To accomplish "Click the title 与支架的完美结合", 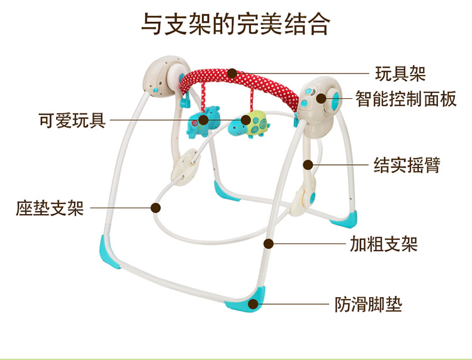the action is coord(236,24).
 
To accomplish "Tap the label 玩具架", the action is coord(400,74).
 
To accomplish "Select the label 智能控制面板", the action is coord(406,99).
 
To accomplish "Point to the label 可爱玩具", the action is coord(72,120).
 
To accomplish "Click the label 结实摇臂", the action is coord(407,165).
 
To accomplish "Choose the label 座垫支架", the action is coord(50,208).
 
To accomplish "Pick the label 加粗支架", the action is coord(383,244).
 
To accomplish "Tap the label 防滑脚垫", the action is coord(368,304).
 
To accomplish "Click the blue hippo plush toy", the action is coord(203,121).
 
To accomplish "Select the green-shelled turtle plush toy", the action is coord(249,124).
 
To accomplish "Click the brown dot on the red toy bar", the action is coord(232,73).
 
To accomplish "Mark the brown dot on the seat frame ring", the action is coord(155,208).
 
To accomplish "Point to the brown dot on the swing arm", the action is coord(308,165).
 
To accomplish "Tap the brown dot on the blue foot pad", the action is coord(254,304).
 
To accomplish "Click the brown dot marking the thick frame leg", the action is coord(268,244).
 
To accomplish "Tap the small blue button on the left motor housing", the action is coord(155,90).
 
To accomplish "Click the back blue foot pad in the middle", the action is coord(224,191).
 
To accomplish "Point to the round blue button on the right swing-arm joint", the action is coord(312,197).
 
